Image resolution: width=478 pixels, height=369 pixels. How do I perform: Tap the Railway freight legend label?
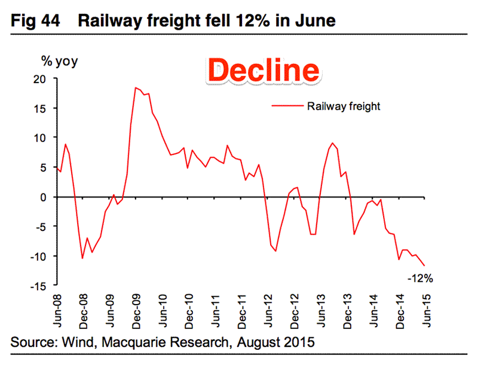(344, 107)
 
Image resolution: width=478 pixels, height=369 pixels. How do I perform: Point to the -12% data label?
(419, 278)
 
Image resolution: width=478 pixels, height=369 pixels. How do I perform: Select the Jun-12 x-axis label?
(267, 310)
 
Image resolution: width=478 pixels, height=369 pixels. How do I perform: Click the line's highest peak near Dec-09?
(136, 88)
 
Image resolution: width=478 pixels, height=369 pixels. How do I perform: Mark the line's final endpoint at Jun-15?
(425, 266)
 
